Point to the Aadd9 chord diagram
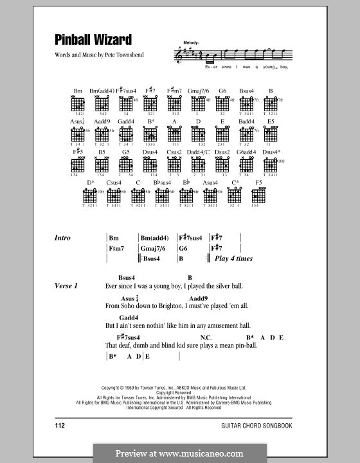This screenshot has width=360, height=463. click(102, 134)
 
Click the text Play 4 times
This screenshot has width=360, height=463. click(233, 259)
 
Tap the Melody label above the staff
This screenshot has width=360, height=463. click(192, 42)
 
